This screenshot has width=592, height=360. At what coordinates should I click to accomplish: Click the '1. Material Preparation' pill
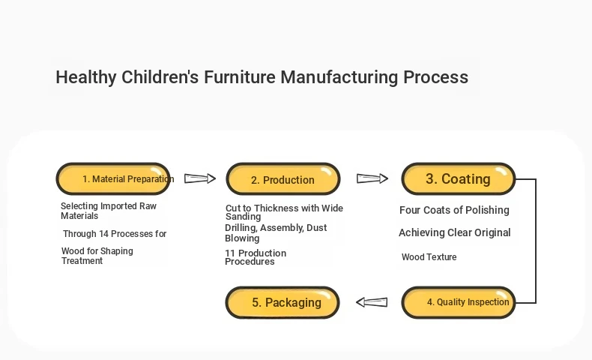click(113, 178)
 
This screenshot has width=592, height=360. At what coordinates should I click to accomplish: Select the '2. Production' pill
click(283, 179)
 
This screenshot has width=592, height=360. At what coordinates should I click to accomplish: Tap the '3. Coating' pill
click(459, 179)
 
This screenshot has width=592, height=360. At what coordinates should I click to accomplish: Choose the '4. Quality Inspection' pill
click(459, 302)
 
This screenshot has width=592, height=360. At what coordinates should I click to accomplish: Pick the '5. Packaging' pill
click(283, 302)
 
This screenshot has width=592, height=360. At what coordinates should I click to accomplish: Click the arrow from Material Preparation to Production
click(200, 178)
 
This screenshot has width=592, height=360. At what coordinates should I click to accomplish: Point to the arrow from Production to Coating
click(372, 178)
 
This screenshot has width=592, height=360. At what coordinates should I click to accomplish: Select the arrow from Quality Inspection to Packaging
click(372, 302)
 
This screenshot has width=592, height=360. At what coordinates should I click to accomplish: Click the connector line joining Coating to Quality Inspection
click(536, 241)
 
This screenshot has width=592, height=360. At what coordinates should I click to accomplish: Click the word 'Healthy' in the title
click(86, 77)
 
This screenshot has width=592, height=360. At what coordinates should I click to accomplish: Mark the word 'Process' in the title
click(435, 77)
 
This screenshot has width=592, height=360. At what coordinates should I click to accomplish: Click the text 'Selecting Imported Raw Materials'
click(109, 211)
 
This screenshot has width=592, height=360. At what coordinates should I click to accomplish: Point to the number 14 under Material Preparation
click(104, 234)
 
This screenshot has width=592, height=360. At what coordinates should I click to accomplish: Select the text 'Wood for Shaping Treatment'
click(97, 256)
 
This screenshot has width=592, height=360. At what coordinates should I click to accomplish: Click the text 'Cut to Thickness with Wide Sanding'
click(284, 212)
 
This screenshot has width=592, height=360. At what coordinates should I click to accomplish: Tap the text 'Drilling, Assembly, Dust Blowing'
click(276, 232)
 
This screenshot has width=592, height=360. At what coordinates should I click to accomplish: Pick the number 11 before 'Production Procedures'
click(230, 253)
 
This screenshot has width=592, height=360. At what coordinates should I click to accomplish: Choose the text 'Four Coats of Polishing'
click(455, 210)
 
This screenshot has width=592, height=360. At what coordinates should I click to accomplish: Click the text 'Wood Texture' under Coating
click(429, 256)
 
